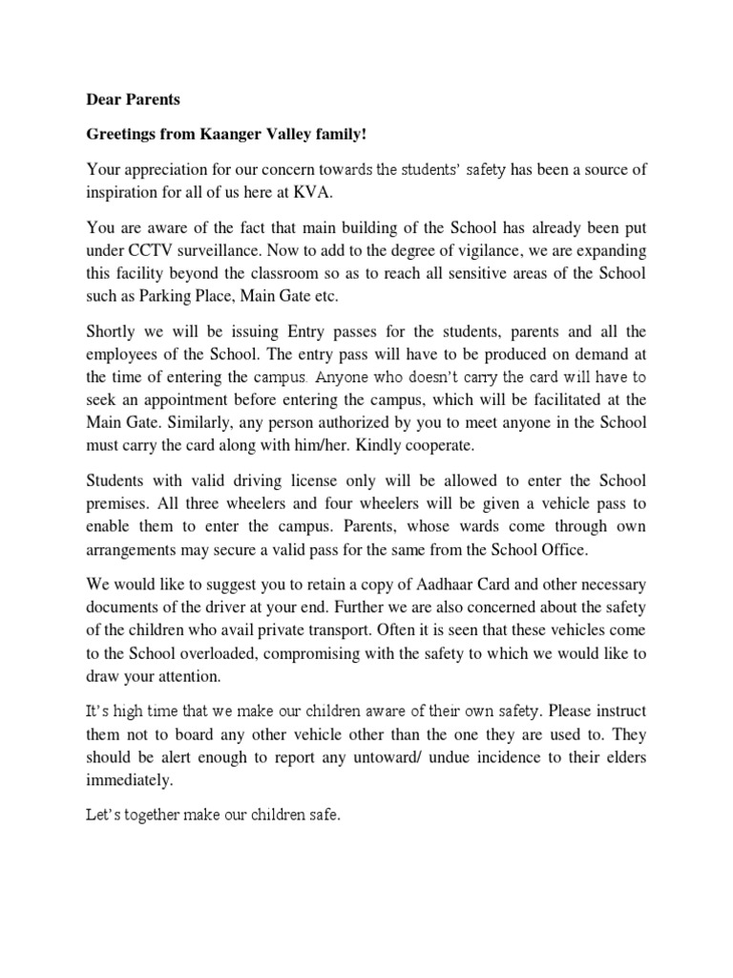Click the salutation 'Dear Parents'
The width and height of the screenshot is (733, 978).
coord(133,97)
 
